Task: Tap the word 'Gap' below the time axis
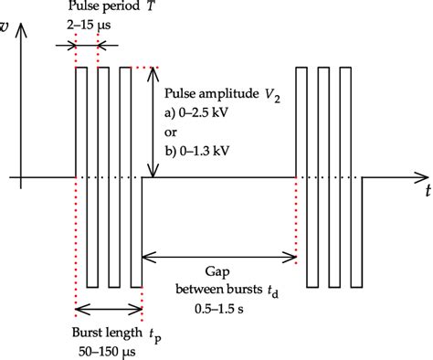[220, 271]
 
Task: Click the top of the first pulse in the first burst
[81, 67]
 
